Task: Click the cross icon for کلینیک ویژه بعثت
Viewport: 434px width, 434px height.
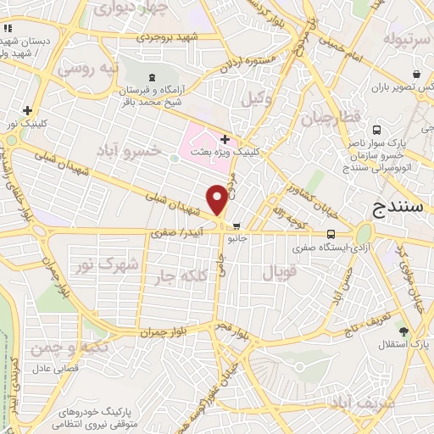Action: (x=224, y=140)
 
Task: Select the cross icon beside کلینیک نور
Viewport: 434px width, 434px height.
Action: (x=28, y=110)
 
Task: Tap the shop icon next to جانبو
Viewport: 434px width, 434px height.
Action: (x=237, y=226)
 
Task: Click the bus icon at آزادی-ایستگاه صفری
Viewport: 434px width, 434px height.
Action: (x=331, y=234)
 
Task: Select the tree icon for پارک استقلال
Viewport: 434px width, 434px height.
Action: (x=404, y=331)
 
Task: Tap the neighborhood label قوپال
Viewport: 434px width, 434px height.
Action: (x=279, y=273)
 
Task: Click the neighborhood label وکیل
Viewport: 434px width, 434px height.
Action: (x=258, y=98)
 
